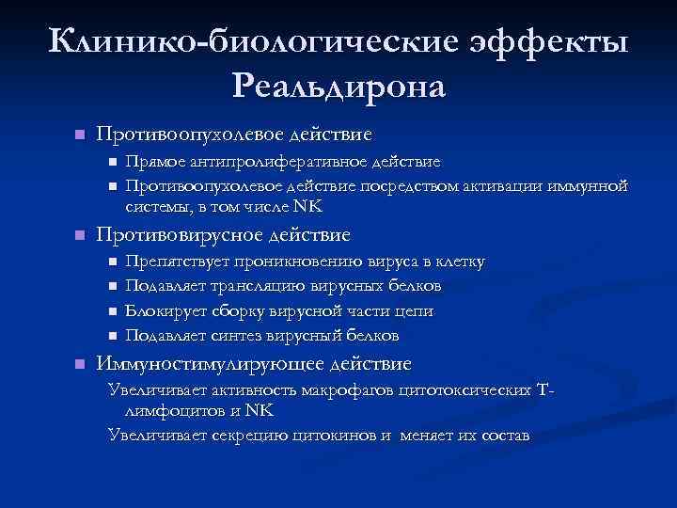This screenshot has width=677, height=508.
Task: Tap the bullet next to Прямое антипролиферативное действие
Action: pyautogui.click(x=113, y=163)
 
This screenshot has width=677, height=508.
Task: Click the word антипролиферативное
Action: pyautogui.click(x=281, y=163)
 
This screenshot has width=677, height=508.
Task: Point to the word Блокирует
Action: pyautogui.click(x=165, y=310)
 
